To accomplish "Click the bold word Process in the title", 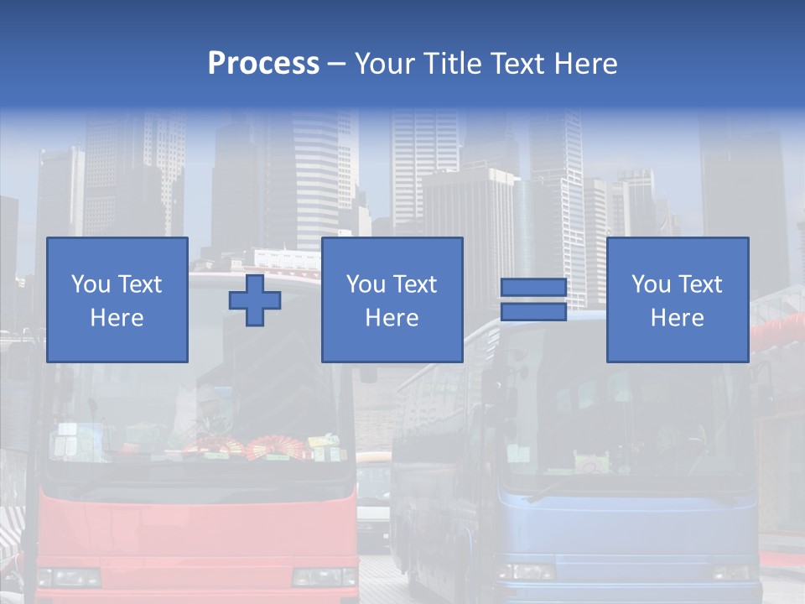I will (x=263, y=64).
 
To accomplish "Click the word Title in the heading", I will (x=451, y=64).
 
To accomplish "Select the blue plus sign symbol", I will (x=255, y=300).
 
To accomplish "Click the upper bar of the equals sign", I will (x=533, y=289).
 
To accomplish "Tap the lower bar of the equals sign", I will (x=533, y=312).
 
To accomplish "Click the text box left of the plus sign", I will (x=117, y=300).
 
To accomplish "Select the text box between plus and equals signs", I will (x=392, y=300).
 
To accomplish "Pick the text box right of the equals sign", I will (x=677, y=300).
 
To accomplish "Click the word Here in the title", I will (x=585, y=64).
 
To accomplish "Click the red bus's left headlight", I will (x=69, y=577).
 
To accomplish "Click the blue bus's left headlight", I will (x=526, y=572).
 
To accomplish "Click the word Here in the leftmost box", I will (x=117, y=318).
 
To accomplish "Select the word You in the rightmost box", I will (x=650, y=284).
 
